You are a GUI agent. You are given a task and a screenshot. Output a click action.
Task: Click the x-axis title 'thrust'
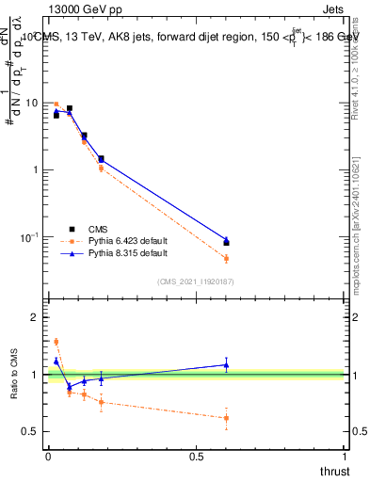coord(334,470)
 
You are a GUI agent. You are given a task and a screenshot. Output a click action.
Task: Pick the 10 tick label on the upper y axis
coord(31,103)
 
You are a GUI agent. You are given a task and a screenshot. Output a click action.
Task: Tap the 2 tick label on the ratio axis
coord(35,317)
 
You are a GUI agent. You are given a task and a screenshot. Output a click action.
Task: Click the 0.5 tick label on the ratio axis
coord(30,431)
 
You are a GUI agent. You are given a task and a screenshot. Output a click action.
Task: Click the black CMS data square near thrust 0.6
coord(226,243)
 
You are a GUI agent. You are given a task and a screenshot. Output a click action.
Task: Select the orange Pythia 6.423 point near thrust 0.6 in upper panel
coord(226,258)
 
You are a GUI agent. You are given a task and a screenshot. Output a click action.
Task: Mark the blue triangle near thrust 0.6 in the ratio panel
coord(226,364)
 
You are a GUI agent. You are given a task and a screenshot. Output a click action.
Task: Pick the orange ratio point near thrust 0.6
coord(226,418)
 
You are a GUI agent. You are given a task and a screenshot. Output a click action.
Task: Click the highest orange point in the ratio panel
coord(56,342)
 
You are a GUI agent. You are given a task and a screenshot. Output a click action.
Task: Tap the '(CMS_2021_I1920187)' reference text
coord(194,281)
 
